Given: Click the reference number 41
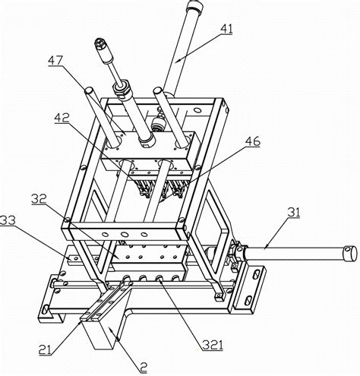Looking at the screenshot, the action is coord(226,29).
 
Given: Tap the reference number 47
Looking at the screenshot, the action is coord(55,61).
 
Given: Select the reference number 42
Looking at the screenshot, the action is coord(62,118).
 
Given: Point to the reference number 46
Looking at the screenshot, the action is coord(253,141).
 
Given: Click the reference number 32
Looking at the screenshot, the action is coord(39,199).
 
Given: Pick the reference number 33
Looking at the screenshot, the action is coord(8,220).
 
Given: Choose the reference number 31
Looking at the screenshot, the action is coord(294,212).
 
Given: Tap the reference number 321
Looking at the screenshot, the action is coord(213,345).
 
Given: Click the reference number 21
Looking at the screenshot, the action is coord(45,350).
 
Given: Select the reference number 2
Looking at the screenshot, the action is coord(144,368).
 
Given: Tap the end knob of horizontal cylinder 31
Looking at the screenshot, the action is coord(351,254).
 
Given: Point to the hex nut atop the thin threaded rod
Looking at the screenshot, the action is coord(99,43).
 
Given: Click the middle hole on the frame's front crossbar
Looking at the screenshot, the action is coord(125,234).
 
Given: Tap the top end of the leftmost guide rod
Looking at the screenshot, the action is coord(89,90).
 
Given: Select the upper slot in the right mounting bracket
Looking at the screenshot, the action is coord(257,274).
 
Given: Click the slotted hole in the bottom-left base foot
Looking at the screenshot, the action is coord(46,310).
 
